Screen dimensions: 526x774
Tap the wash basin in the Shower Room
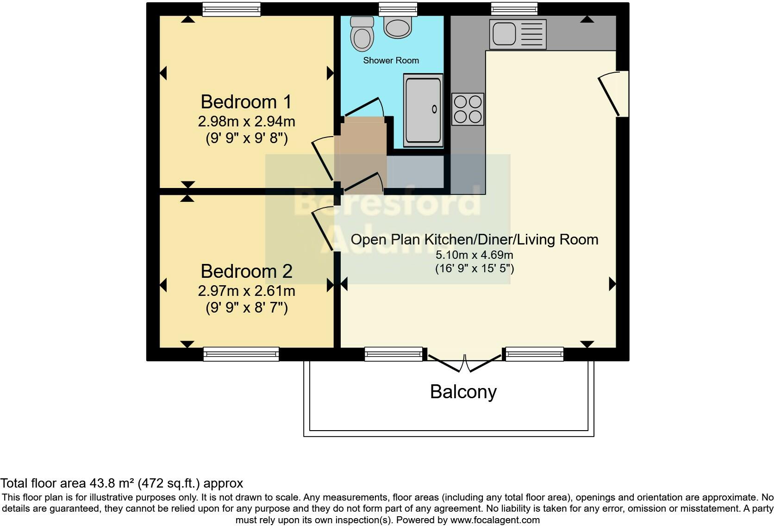pos(398,27)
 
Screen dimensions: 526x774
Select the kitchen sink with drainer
pos(518,34)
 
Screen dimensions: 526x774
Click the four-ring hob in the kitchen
pos(468,109)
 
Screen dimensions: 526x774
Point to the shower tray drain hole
pos(434,109)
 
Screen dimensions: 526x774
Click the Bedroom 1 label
pos(246,101)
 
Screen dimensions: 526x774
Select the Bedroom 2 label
pos(246,271)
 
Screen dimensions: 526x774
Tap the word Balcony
pos(463,392)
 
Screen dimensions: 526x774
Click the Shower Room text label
pos(391,60)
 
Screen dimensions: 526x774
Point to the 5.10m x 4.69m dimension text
pos(474,255)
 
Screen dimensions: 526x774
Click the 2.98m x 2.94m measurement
pos(246,122)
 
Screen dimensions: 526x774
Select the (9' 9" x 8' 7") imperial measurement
pos(246,308)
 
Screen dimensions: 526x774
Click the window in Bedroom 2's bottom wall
pos(241,355)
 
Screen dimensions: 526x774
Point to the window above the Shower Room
pos(398,9)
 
